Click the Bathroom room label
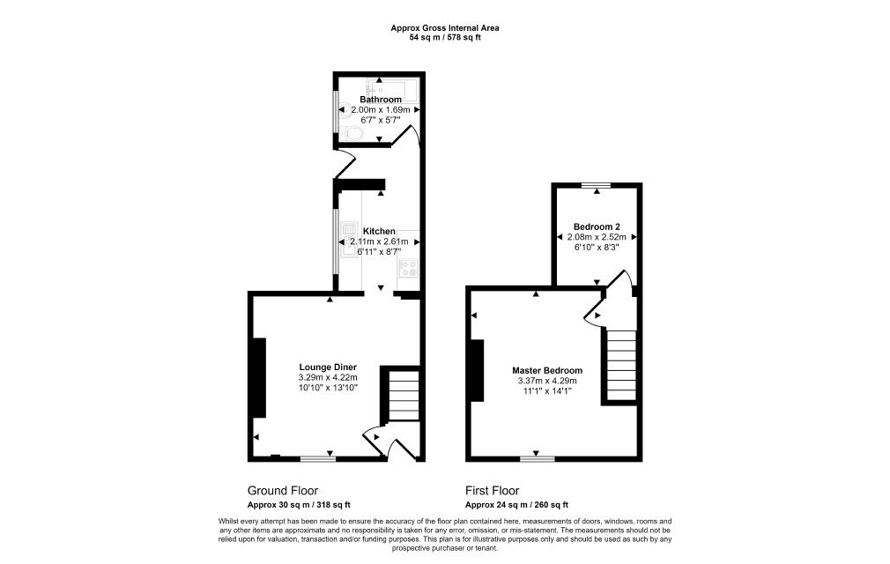[381, 100]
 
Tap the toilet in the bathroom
[353, 134]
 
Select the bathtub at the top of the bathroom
[391, 89]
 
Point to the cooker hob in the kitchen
[408, 268]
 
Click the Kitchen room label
[379, 231]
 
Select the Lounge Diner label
[328, 367]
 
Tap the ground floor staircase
[403, 395]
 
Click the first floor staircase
[621, 365]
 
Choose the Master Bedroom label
[547, 370]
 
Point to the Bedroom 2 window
[596, 185]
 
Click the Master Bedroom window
[537, 458]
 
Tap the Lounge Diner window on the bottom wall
[318, 458]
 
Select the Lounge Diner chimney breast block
[259, 378]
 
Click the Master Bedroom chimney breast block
[477, 370]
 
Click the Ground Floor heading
[283, 491]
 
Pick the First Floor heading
[492, 491]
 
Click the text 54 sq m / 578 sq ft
[445, 38]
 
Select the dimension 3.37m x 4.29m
[547, 381]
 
